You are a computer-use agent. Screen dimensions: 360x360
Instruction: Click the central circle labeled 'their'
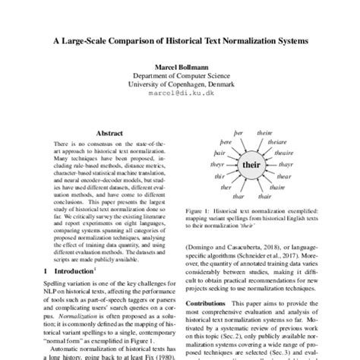(251, 164)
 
